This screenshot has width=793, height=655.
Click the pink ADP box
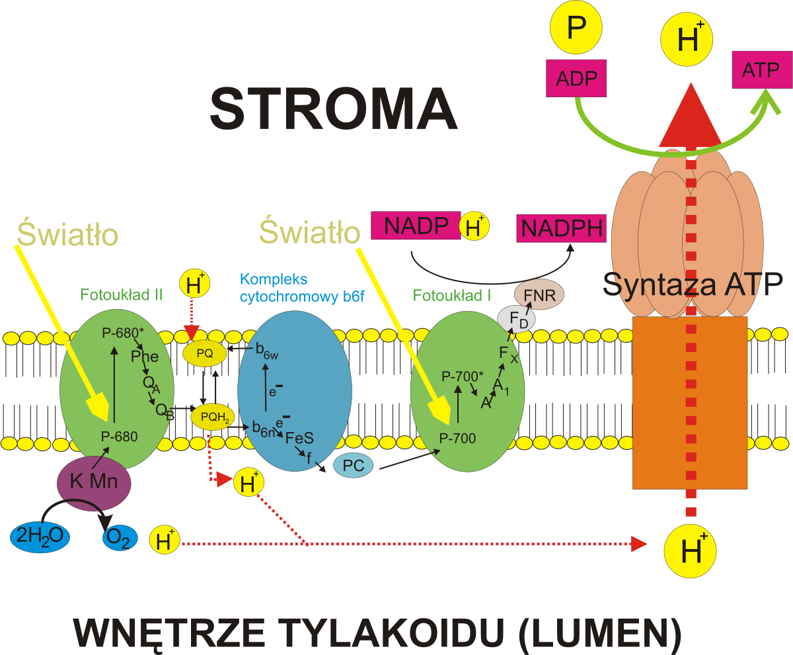[x=576, y=77]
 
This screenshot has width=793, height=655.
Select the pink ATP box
[x=761, y=71]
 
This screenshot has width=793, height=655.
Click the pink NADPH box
[x=562, y=228]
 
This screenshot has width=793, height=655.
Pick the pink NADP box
[x=416, y=226]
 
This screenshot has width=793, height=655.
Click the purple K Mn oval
[x=94, y=482]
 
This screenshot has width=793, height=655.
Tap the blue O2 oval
[x=119, y=539]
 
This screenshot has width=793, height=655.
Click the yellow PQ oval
[x=205, y=353]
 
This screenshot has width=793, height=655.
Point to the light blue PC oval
[x=353, y=466]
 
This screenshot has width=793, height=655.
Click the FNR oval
[x=539, y=295]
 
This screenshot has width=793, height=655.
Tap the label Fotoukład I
[x=452, y=295]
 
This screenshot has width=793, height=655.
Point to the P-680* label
[x=120, y=333]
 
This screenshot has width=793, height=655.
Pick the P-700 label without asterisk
[x=457, y=437]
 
